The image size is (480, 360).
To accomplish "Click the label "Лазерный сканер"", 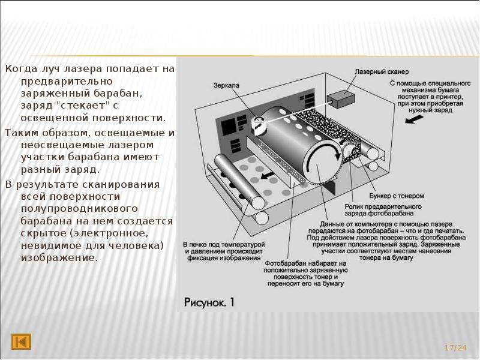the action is tap(382, 72).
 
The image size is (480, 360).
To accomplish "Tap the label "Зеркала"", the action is tap(226, 85).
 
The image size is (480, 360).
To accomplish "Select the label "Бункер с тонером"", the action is tap(397, 196).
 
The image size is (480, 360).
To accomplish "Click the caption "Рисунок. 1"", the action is tap(209, 302).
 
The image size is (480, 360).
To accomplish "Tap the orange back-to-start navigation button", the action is tap(21, 341).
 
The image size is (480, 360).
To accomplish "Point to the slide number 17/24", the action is tap(455, 348).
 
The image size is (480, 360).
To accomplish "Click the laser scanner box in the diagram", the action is tap(341, 100).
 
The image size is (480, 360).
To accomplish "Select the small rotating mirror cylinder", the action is tap(258, 125).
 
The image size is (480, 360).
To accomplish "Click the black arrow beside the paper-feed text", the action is tap(414, 119).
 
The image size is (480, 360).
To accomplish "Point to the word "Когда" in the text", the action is tap(21, 68).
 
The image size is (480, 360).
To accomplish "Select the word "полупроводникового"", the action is tap(79, 209).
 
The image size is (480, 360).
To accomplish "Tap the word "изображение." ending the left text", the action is tap(59, 258).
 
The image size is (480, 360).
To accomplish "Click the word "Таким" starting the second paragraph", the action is tap(22, 133).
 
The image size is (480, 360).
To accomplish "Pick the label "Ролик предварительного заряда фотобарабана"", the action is tap(383, 210).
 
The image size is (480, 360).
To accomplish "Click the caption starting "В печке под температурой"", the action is tap(224, 251).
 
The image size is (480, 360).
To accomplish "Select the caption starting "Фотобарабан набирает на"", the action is tap(305, 274).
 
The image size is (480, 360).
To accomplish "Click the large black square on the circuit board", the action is tap(229, 127).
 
